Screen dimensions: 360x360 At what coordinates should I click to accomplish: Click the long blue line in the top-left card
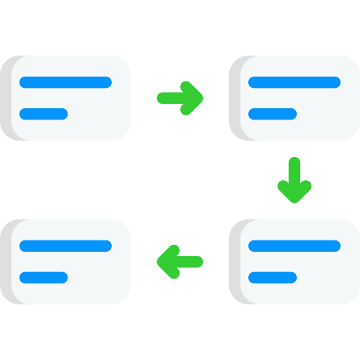pyautogui.click(x=65, y=82)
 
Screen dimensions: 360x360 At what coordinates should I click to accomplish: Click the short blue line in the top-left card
pyautogui.click(x=44, y=114)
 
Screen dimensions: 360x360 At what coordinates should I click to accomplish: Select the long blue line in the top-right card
pyautogui.click(x=295, y=82)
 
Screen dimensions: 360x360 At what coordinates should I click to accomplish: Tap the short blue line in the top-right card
pyautogui.click(x=273, y=114)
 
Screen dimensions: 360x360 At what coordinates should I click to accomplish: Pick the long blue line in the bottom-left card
pyautogui.click(x=65, y=245)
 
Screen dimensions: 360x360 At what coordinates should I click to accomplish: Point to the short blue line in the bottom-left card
pyautogui.click(x=44, y=277)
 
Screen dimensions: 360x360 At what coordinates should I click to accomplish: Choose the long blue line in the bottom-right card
pyautogui.click(x=295, y=245)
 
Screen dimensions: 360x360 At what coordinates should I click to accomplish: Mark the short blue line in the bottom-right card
pyautogui.click(x=273, y=277)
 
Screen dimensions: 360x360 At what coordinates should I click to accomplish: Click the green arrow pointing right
pyautogui.click(x=181, y=98)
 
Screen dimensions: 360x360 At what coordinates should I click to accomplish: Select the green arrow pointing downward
pyautogui.click(x=294, y=180)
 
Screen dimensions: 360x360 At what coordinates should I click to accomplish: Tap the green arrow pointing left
pyautogui.click(x=179, y=262)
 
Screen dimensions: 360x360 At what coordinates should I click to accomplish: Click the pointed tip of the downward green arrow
pyautogui.click(x=294, y=200)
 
